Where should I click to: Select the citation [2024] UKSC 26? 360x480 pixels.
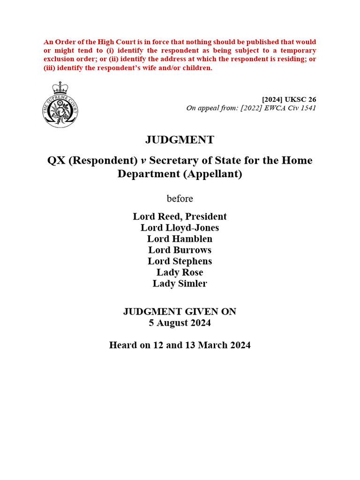click(289, 99)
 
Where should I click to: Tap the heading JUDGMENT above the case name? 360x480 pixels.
click(180, 140)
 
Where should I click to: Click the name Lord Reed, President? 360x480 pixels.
click(180, 217)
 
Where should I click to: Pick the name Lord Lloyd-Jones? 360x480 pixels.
click(180, 228)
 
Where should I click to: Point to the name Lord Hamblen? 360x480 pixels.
click(180, 239)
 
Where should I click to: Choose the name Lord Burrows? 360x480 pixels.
click(180, 250)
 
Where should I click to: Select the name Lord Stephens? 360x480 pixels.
click(180, 261)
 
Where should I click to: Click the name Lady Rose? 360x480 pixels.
click(180, 272)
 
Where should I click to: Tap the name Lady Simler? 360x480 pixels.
click(180, 284)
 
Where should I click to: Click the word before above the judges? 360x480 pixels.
click(180, 199)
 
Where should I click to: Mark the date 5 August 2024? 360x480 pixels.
click(180, 323)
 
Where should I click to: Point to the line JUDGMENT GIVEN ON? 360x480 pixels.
click(180, 312)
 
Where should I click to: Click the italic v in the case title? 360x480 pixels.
click(143, 161)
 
